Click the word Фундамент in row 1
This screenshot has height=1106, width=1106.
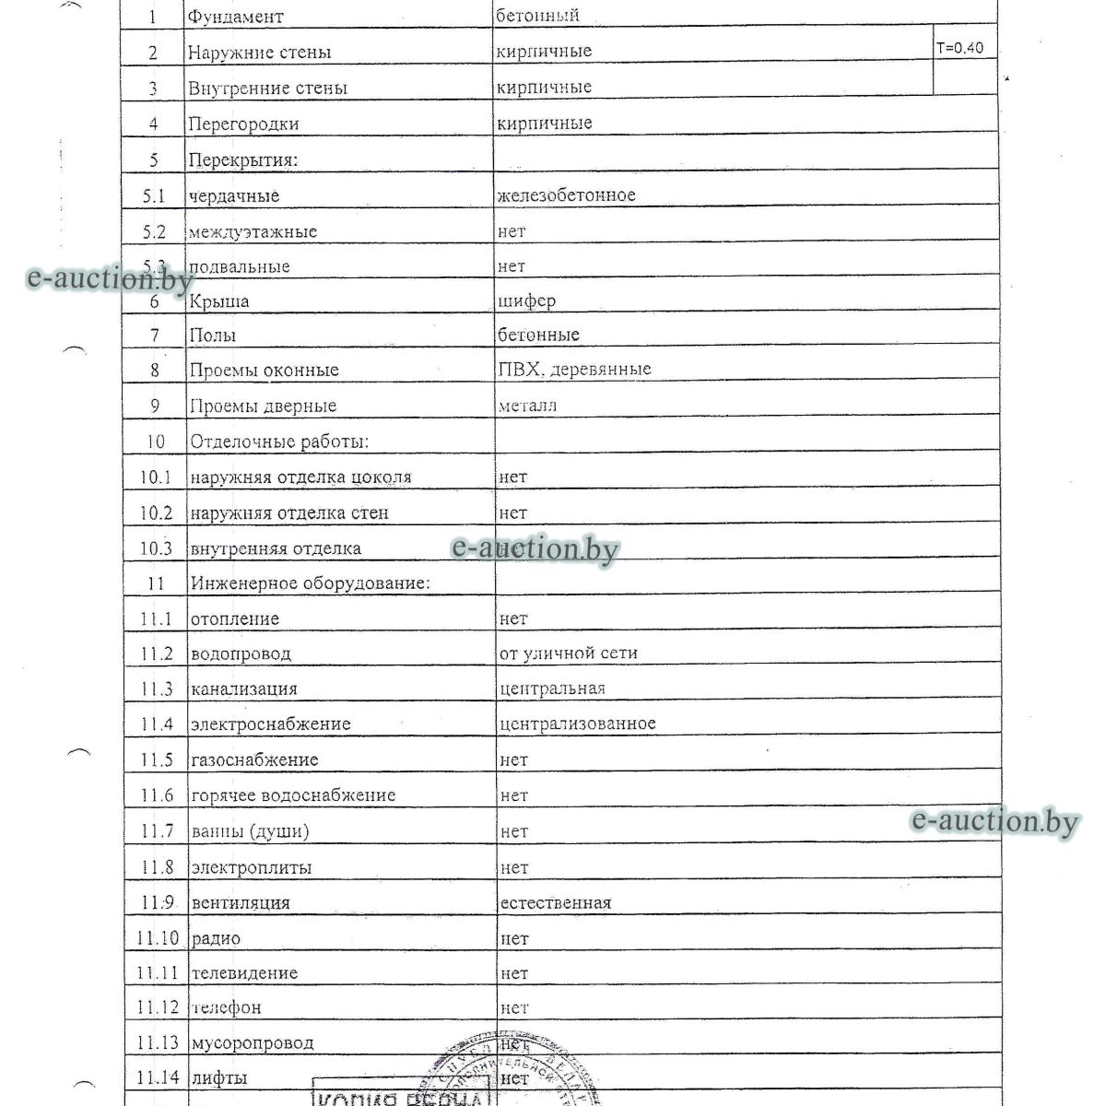click(236, 17)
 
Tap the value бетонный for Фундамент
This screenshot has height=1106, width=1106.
click(537, 16)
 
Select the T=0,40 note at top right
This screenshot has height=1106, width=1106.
click(959, 48)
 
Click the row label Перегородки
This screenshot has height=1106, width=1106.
click(243, 124)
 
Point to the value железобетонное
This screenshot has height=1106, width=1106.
click(566, 195)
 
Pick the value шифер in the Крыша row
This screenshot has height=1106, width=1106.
click(526, 300)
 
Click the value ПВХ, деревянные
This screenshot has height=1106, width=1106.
click(574, 370)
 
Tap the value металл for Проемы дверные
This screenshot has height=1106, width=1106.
click(527, 406)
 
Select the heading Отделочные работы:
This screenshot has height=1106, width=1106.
click(279, 441)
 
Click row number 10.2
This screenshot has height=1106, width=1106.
click(156, 512)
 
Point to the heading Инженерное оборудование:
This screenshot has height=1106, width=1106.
click(311, 583)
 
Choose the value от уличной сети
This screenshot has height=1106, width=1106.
click(568, 653)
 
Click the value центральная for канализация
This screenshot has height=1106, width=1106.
click(552, 688)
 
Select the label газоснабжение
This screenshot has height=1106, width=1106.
click(254, 760)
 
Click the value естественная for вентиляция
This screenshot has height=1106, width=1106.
click(555, 902)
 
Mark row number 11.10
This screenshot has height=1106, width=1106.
click(156, 938)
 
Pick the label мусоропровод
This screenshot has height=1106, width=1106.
click(252, 1043)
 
